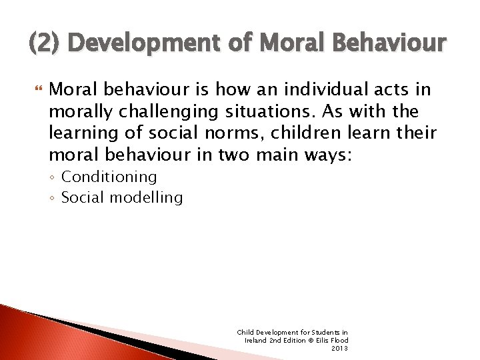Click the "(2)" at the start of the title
pyautogui.click(x=43, y=44)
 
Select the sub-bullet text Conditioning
pyautogui.click(x=109, y=177)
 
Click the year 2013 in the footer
pyautogui.click(x=339, y=348)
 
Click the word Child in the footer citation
pyautogui.click(x=245, y=332)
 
